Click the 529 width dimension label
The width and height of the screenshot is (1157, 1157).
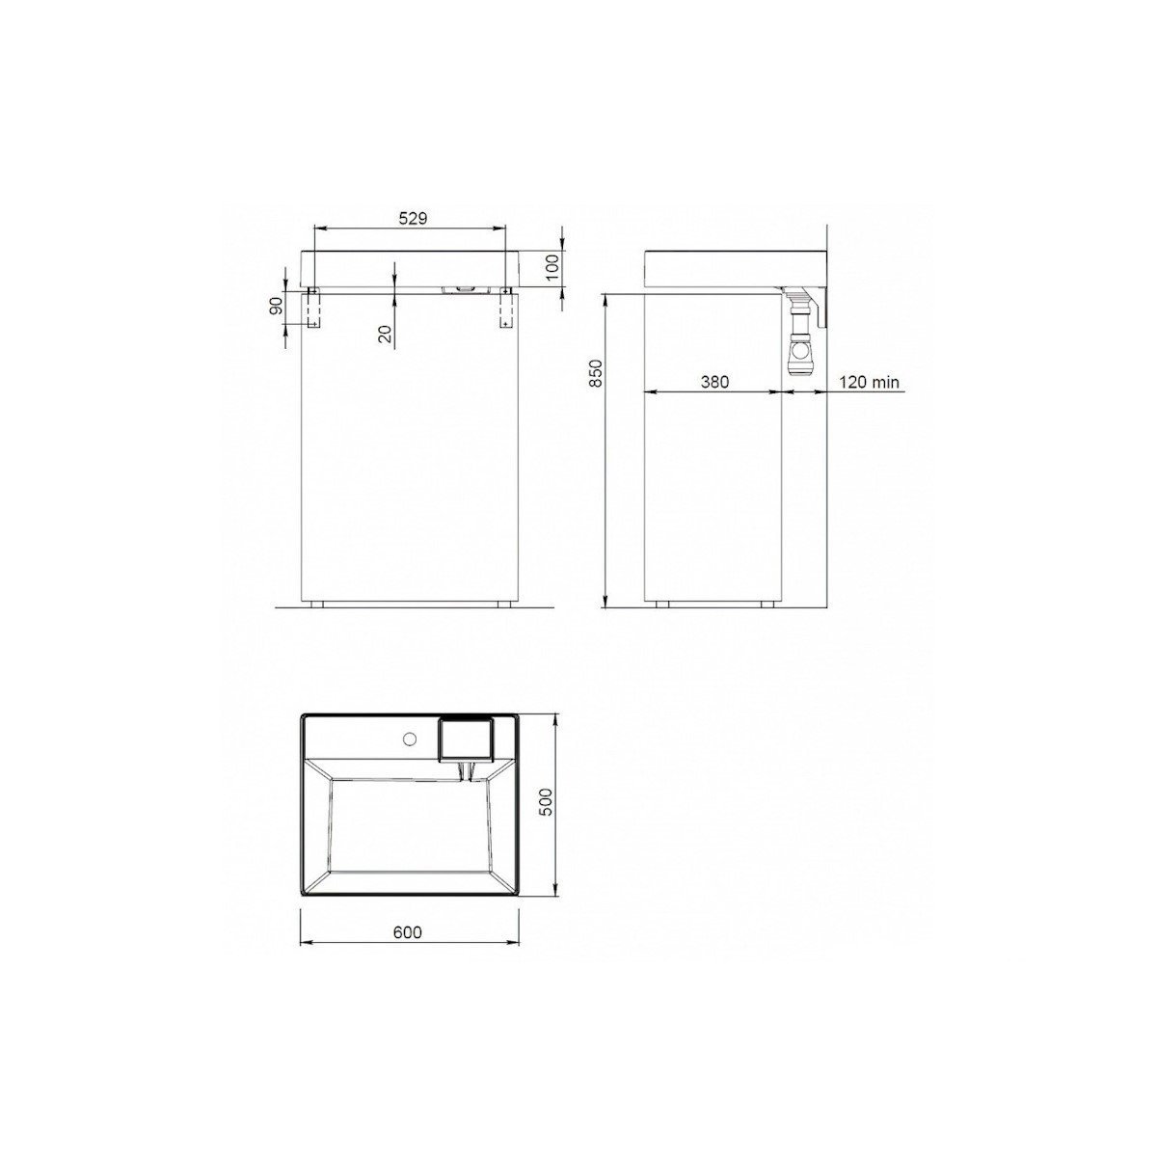413,219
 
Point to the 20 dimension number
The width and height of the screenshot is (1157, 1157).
386,334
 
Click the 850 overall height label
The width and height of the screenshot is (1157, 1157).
596,373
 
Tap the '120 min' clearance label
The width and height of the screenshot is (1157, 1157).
870,382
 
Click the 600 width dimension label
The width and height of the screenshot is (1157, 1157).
408,931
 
